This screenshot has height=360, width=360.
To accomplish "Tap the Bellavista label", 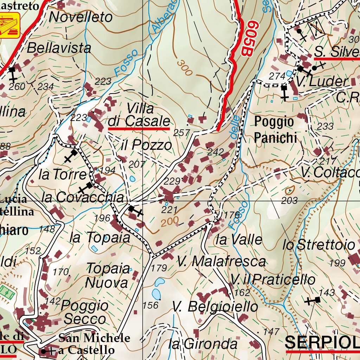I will point(59,48).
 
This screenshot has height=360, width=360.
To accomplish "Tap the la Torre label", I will point(63,174).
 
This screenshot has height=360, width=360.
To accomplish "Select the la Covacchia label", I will point(83,197).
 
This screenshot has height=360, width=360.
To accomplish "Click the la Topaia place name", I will point(100,238).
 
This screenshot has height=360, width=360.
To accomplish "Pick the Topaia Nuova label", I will point(108,275).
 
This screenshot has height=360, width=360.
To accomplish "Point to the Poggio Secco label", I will point(85,312).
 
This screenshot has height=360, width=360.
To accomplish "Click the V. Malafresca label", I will point(221,262).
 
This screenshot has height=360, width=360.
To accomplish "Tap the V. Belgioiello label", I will point(215,307).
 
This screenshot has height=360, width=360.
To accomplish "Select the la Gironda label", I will point(203,343).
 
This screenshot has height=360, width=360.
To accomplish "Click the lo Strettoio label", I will point(319,245).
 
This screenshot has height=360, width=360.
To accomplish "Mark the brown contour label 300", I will point(185,67).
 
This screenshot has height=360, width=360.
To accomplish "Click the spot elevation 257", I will point(181,133).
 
